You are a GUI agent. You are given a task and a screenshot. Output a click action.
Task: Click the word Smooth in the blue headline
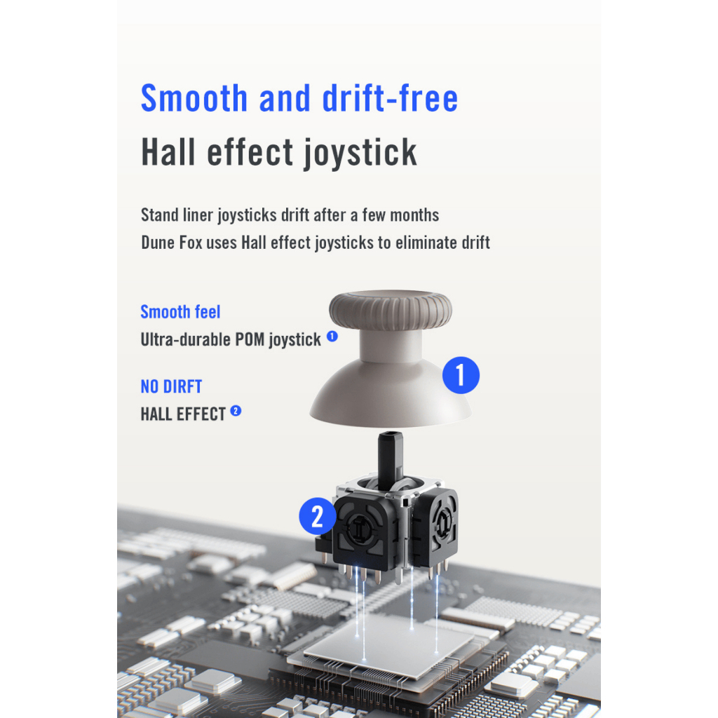194,98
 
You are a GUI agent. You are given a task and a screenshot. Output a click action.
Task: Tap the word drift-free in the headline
390,98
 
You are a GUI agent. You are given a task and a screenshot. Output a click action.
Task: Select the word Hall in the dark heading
168,152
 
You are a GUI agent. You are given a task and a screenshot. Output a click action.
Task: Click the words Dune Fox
172,242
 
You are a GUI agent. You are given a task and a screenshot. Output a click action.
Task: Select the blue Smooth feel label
180,312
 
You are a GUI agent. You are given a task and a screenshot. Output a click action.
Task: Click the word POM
250,339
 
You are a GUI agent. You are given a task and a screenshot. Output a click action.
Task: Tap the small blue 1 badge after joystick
332,337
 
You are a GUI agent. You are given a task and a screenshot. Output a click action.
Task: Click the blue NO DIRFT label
171,386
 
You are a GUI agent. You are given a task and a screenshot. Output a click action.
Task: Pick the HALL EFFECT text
183,414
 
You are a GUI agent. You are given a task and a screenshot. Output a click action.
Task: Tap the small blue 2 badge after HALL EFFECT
236,411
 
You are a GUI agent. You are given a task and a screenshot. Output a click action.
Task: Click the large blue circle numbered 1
461,375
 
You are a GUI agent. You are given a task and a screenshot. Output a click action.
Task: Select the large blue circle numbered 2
318,516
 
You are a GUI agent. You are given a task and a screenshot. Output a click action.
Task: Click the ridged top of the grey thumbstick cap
390,309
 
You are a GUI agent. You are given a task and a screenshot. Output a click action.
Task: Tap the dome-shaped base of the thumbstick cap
390,394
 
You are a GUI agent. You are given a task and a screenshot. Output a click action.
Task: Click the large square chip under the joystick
389,646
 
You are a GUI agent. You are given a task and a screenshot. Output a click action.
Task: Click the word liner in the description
198,215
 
